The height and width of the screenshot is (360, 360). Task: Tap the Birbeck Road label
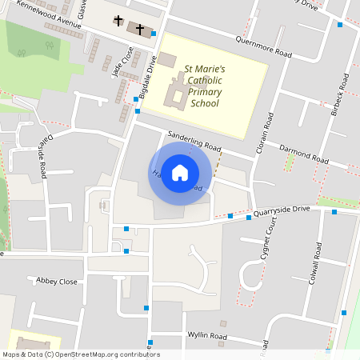tap(341, 94)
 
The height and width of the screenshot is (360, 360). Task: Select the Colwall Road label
tap(316, 264)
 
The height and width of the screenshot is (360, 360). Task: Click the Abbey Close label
tap(57, 281)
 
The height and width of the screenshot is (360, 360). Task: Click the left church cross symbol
tap(119, 20)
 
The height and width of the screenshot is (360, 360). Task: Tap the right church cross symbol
tap(139, 29)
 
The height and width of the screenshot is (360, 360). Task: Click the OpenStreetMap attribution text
tap(81, 354)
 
